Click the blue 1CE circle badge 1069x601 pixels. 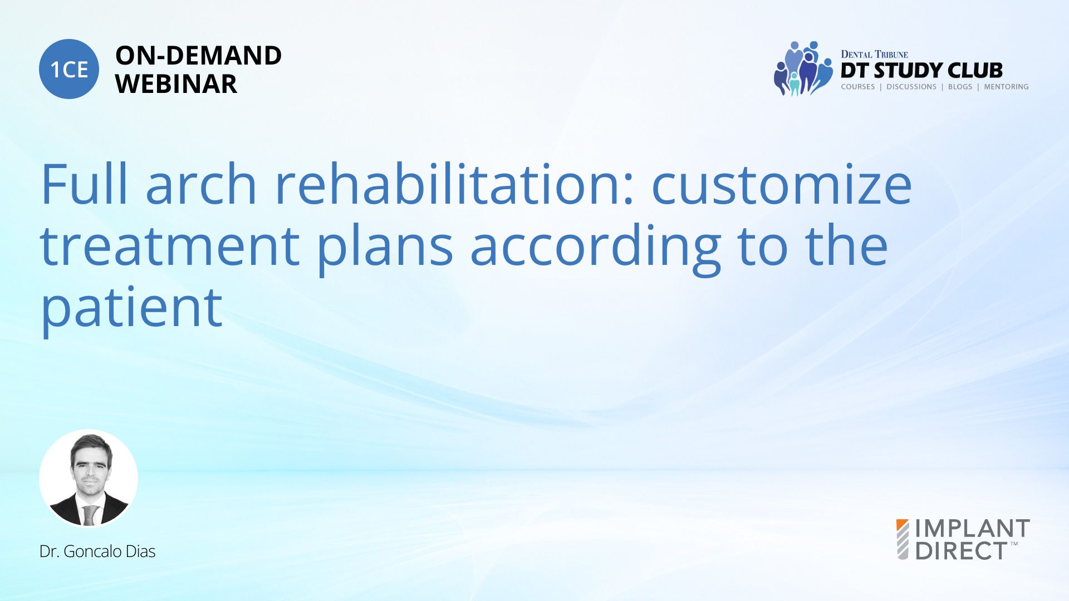click(x=69, y=69)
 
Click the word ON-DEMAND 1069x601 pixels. click(x=198, y=56)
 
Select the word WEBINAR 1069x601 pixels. click(x=176, y=84)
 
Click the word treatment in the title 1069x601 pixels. click(x=170, y=247)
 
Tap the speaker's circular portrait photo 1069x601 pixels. click(x=89, y=478)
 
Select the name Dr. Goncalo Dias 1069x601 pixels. click(x=97, y=551)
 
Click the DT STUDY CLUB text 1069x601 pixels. click(x=921, y=71)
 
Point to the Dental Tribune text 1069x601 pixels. click(x=874, y=54)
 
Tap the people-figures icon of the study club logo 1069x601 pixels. click(x=802, y=68)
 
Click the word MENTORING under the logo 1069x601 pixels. click(x=1006, y=87)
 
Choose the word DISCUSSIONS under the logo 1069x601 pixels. click(x=911, y=87)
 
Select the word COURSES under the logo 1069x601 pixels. click(x=857, y=87)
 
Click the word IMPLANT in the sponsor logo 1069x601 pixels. click(x=973, y=528)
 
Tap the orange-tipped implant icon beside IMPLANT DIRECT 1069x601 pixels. click(x=903, y=539)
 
